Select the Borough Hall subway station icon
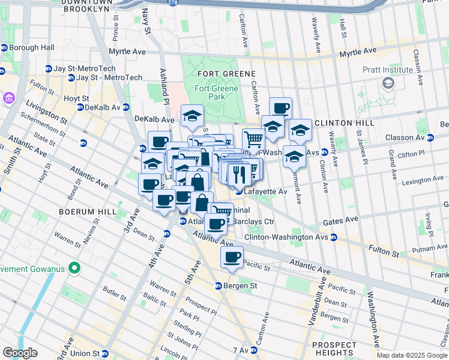[4, 47]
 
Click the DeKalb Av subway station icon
[80, 107]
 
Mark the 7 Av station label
[240, 350]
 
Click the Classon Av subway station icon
[430, 137]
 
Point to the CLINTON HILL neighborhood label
[345, 122]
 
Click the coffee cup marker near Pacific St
[232, 257]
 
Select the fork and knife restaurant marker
[240, 173]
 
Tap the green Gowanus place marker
[74, 267]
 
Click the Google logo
[20, 353]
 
